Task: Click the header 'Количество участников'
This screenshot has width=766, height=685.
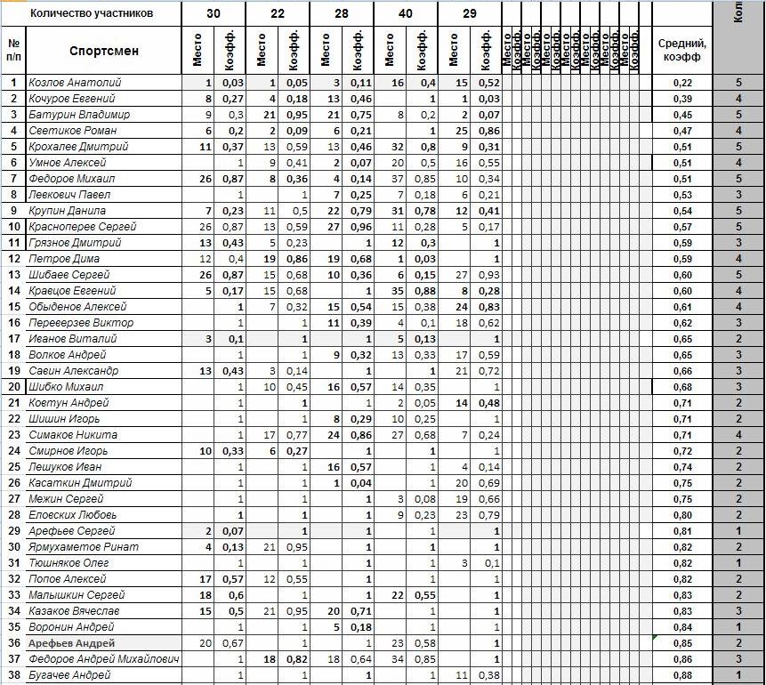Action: (x=92, y=13)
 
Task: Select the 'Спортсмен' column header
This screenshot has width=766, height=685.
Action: (x=104, y=51)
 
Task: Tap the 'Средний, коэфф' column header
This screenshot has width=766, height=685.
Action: (x=681, y=50)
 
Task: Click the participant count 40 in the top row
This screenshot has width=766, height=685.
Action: (x=406, y=13)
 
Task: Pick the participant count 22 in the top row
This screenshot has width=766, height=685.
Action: (x=278, y=13)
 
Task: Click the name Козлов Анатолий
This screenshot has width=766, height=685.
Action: (x=75, y=83)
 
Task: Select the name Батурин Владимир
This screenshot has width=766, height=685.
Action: (x=79, y=115)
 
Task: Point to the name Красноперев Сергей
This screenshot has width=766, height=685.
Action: (x=82, y=227)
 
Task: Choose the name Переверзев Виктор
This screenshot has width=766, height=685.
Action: (x=81, y=323)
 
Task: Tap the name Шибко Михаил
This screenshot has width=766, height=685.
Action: (x=66, y=387)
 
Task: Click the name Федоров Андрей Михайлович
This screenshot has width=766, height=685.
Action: (x=103, y=659)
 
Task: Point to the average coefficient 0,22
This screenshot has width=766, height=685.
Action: (x=681, y=83)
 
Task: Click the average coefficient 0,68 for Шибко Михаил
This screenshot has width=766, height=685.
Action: (x=681, y=387)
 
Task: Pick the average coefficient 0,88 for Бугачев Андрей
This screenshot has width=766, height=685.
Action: (x=681, y=675)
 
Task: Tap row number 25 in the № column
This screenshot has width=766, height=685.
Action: (x=13, y=467)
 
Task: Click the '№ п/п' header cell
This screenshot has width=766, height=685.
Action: (x=13, y=50)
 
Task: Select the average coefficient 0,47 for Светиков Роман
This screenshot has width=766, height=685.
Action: (x=681, y=131)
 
